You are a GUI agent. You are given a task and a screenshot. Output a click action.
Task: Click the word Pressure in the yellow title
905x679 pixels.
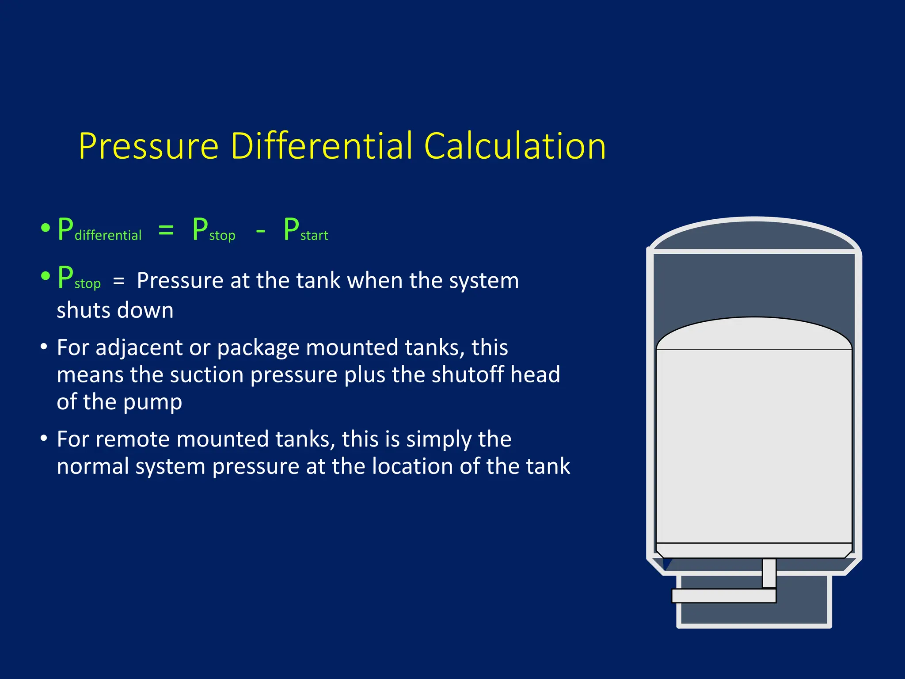pos(148,146)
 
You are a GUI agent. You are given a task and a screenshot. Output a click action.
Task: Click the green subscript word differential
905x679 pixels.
pos(108,235)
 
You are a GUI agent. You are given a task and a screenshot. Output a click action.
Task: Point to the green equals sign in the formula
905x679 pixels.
pos(166,230)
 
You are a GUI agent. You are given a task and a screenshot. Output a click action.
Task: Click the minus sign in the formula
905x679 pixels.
pos(261,231)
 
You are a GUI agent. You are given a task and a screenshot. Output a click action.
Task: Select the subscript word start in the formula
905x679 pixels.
pos(314,236)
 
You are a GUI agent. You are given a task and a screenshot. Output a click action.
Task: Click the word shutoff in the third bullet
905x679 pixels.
pos(468,374)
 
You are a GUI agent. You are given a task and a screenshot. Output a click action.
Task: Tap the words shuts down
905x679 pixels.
pos(115,310)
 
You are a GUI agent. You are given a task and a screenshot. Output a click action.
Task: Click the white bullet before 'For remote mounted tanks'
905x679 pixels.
pos(44,439)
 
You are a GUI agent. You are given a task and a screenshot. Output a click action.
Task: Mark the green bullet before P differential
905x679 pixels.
pos(46,229)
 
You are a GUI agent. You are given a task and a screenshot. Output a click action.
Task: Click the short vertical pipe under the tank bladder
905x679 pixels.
pos(769,573)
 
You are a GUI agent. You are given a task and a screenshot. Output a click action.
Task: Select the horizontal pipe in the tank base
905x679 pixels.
pos(723,595)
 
